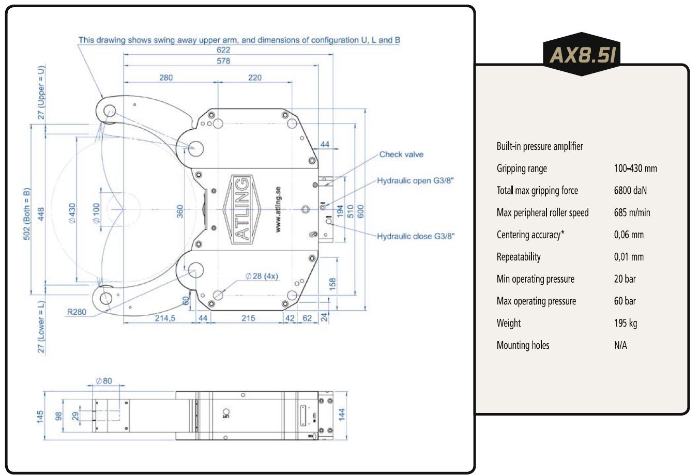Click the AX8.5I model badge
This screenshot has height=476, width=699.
click(582, 54)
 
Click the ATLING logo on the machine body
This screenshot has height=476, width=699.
click(242, 209)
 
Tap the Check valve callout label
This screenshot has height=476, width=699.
click(401, 155)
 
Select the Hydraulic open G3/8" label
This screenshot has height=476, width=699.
click(415, 180)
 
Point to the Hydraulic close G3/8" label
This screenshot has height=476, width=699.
click(416, 236)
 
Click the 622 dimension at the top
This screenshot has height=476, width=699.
click(223, 50)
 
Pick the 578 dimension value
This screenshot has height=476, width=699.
click(223, 61)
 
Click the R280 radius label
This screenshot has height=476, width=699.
click(77, 312)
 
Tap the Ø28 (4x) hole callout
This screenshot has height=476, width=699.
click(262, 276)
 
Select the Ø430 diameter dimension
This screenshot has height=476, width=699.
click(72, 213)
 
